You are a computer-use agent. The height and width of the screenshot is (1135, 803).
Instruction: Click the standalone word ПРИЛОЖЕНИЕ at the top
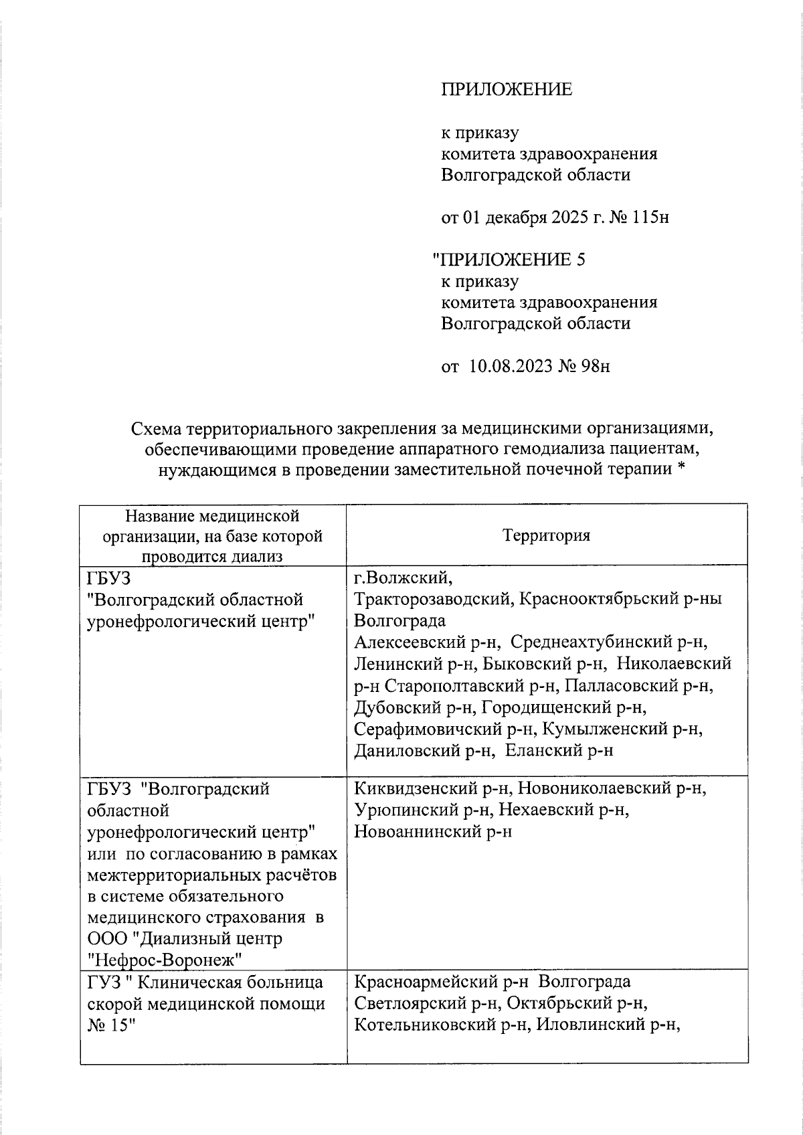[507, 90]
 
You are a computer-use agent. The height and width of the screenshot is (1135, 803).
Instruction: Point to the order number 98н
[591, 367]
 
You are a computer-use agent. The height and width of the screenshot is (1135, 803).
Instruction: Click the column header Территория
[547, 535]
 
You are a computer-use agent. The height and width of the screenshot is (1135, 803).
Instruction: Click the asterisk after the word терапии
[682, 469]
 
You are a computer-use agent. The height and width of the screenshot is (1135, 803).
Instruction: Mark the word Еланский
[543, 750]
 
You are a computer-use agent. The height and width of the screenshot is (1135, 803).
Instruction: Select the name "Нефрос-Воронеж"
[164, 960]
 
